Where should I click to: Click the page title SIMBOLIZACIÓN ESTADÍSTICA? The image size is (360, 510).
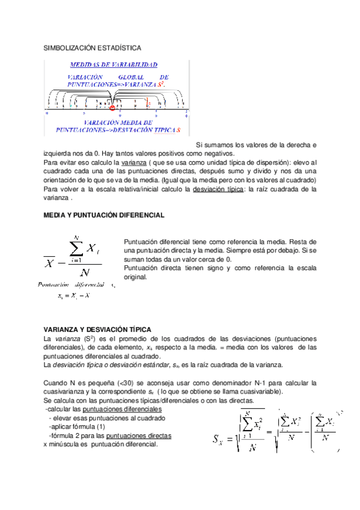[93, 47]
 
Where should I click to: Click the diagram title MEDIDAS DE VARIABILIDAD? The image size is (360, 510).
[114, 64]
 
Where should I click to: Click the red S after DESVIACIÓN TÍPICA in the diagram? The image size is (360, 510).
[178, 129]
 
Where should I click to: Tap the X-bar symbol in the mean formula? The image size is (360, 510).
[49, 262]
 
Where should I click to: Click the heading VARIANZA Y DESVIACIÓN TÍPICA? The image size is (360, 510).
[97, 330]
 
